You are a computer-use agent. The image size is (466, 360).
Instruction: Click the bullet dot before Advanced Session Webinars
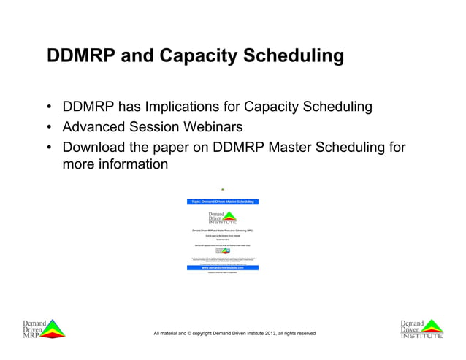(49, 128)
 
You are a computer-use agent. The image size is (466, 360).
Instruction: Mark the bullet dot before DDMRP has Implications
(49, 108)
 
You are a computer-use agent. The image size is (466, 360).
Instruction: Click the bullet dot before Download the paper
(49, 148)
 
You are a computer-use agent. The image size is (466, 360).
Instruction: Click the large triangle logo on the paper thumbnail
(228, 218)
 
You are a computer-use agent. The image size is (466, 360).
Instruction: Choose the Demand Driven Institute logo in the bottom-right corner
(421, 329)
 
